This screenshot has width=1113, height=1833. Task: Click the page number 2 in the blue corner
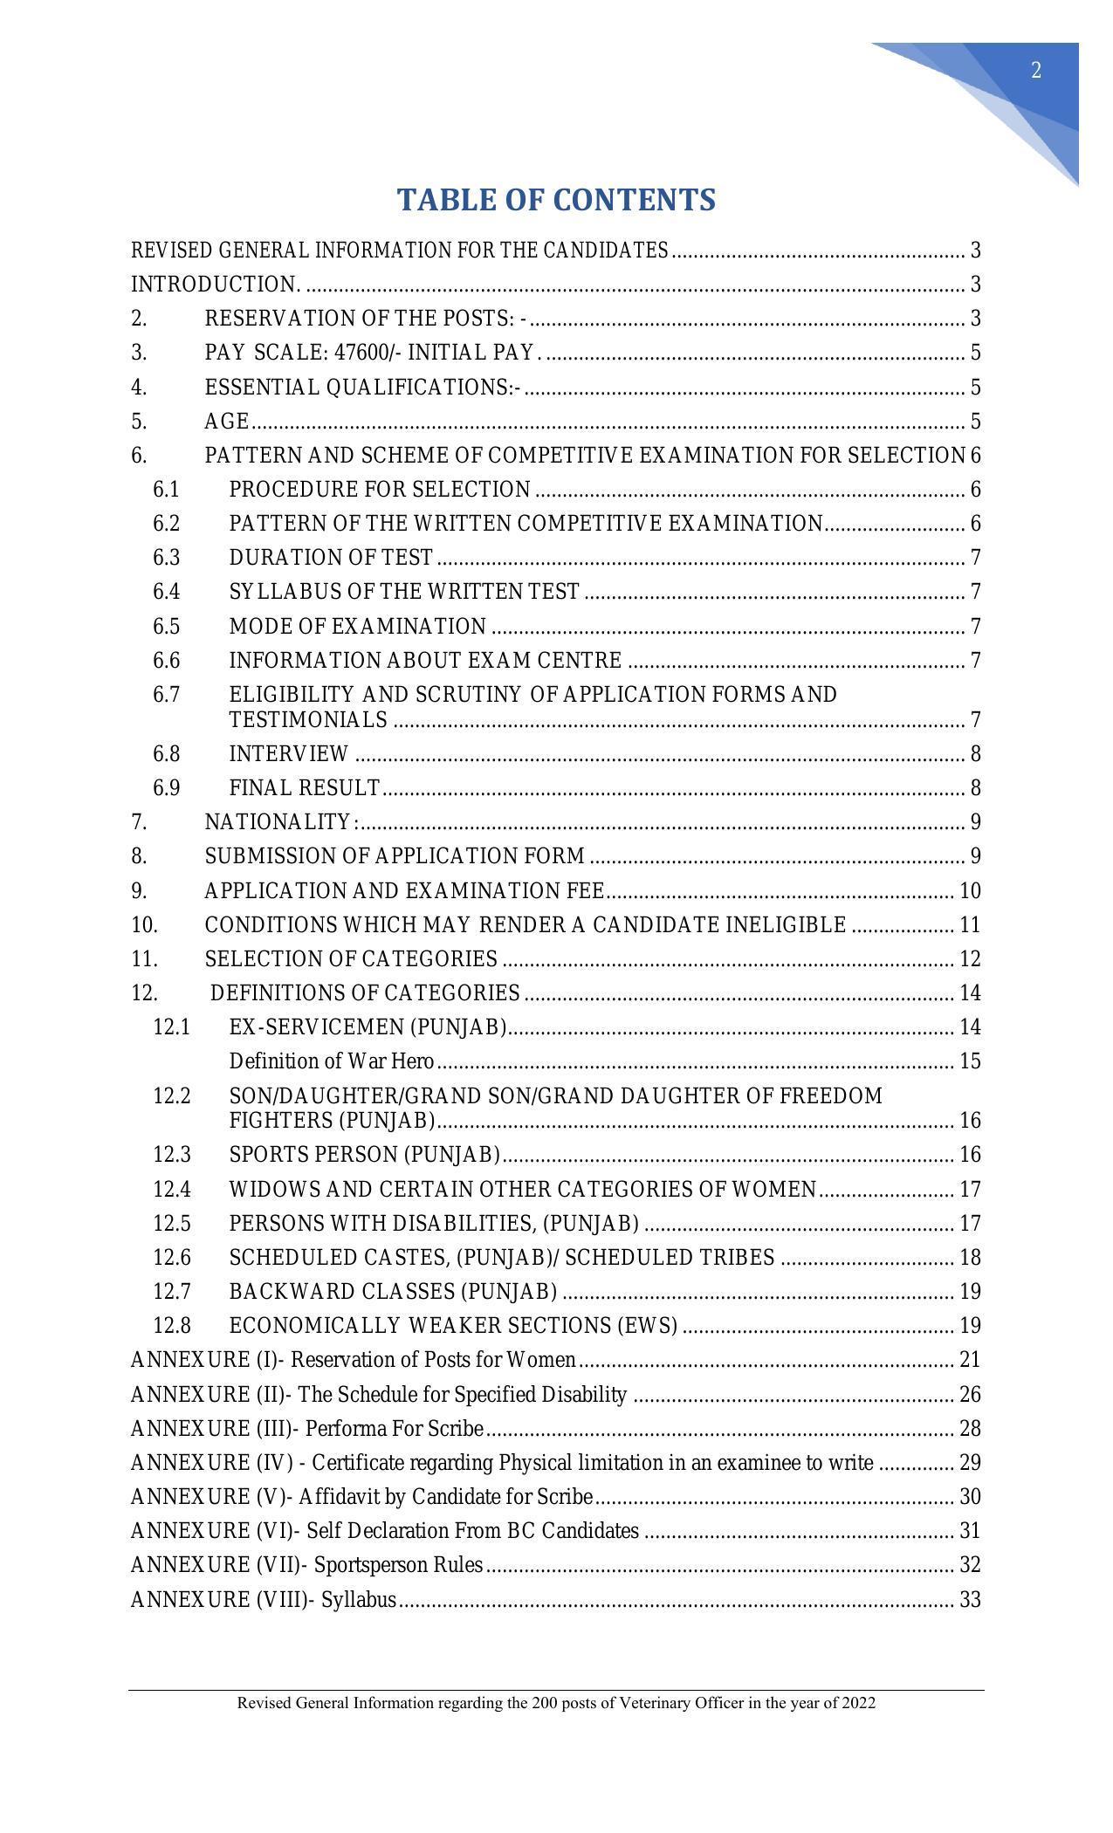click(1036, 71)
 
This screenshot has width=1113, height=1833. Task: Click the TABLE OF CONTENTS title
click(556, 200)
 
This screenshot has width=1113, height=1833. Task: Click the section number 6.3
click(166, 558)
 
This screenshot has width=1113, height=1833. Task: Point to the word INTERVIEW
click(289, 754)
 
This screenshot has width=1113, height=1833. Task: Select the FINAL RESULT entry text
click(304, 788)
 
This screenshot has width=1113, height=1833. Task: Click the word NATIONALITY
click(278, 822)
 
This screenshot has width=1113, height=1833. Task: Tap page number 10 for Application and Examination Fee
click(970, 891)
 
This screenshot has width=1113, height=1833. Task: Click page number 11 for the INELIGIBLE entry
click(970, 925)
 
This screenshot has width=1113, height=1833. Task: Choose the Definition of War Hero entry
click(332, 1061)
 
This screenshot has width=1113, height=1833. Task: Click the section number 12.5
click(171, 1224)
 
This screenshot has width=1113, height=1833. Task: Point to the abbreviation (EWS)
click(647, 1326)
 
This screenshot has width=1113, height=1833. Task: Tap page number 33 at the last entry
click(970, 1600)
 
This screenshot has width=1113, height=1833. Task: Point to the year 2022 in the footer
click(859, 1703)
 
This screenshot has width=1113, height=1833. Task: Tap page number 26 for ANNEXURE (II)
click(970, 1395)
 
